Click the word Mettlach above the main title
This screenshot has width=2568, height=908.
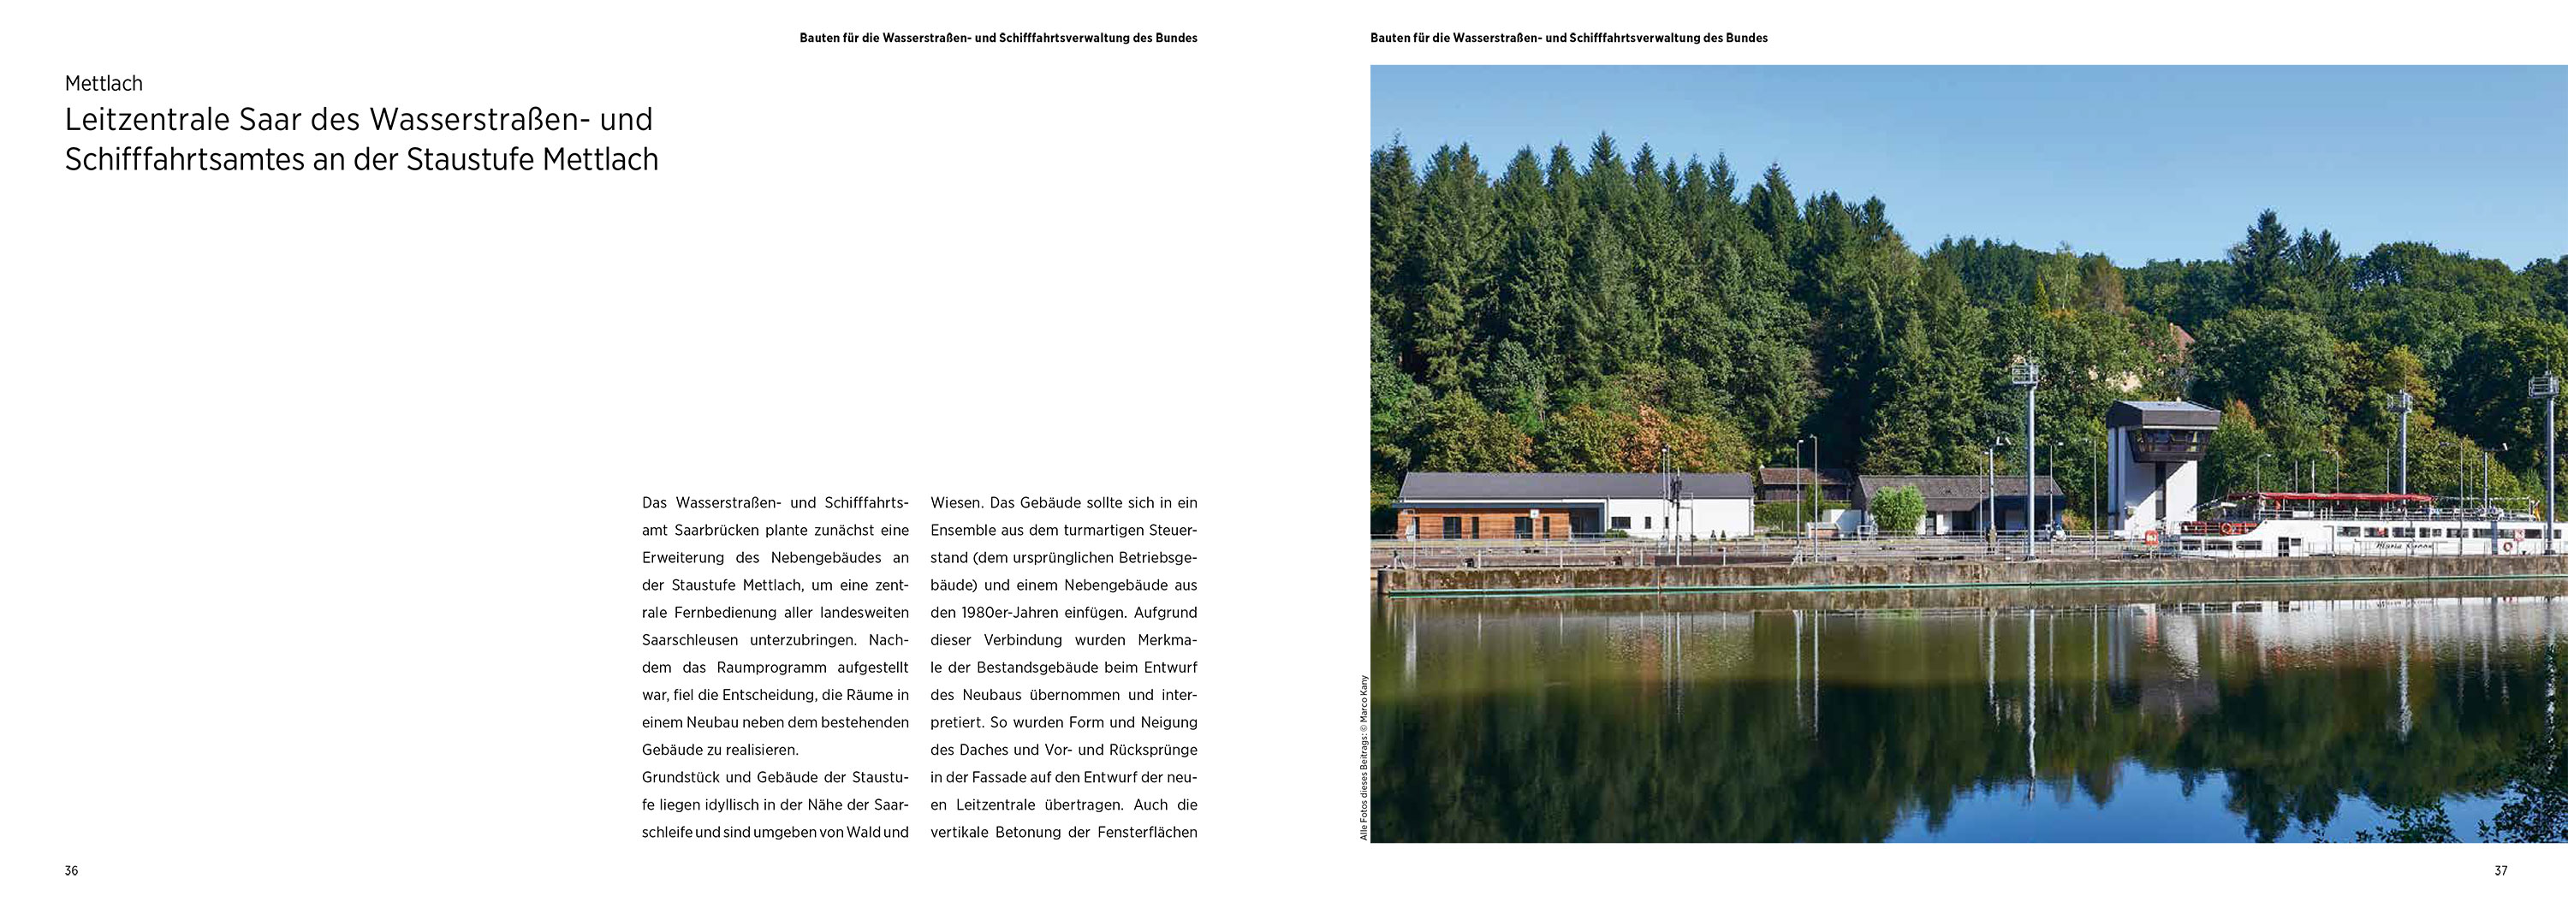pyautogui.click(x=104, y=84)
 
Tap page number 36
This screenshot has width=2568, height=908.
pyautogui.click(x=71, y=870)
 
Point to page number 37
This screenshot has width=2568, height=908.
pyautogui.click(x=2500, y=870)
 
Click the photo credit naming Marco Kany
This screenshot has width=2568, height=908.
pyautogui.click(x=1364, y=757)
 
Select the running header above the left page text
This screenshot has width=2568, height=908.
pyautogui.click(x=998, y=38)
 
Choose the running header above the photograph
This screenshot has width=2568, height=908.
pyautogui.click(x=1568, y=38)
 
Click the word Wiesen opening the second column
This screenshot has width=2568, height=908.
pyautogui.click(x=956, y=502)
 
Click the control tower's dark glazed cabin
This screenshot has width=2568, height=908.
pyautogui.click(x=2161, y=438)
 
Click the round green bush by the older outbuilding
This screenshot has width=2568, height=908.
pyautogui.click(x=1896, y=507)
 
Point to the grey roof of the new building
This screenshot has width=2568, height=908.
pyautogui.click(x=1575, y=484)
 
